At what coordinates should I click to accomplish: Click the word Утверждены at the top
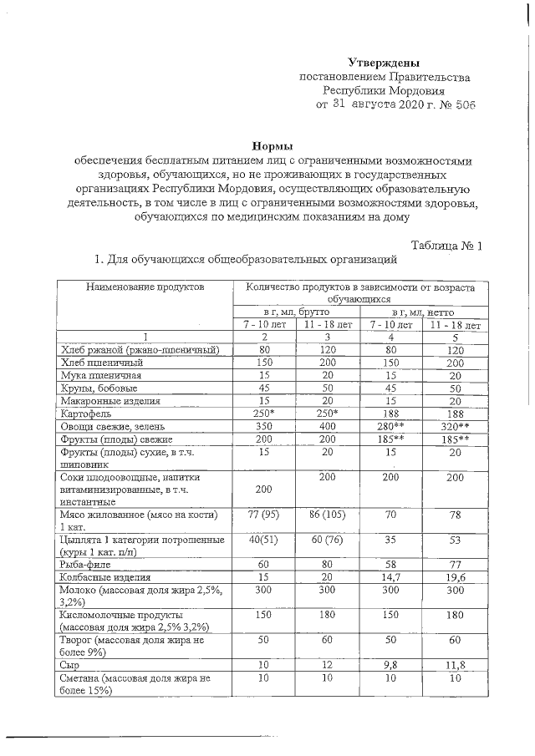pyautogui.click(x=384, y=63)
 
